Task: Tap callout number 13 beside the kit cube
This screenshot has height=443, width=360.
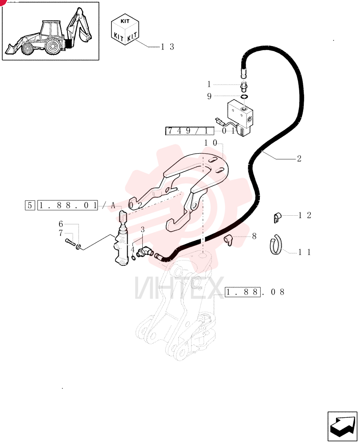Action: click(168, 47)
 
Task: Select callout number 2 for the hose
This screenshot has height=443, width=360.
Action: click(299, 159)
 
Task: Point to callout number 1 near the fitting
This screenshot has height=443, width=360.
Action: click(209, 84)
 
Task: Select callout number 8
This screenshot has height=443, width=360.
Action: click(254, 236)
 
